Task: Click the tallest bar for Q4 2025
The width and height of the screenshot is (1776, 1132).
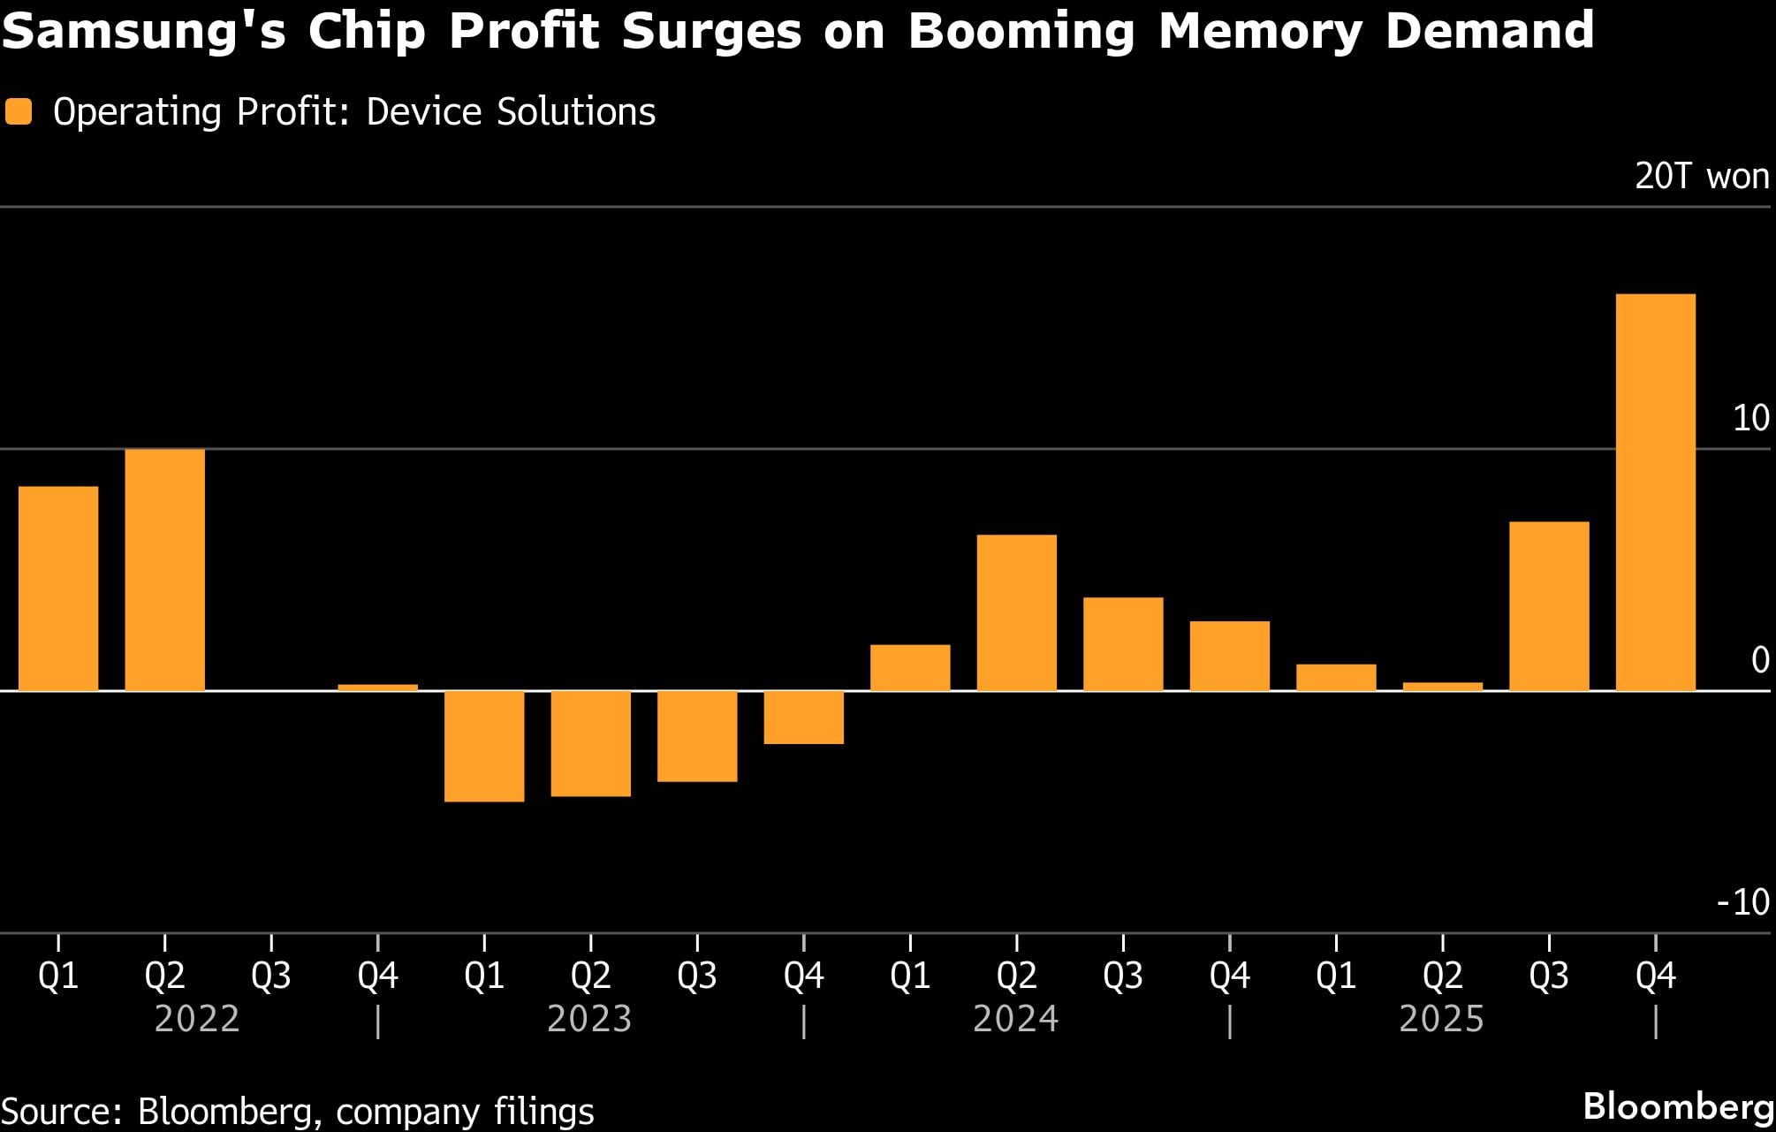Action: tap(1655, 491)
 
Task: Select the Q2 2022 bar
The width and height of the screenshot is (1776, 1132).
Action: tap(164, 569)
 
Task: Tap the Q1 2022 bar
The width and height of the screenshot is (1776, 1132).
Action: tap(58, 588)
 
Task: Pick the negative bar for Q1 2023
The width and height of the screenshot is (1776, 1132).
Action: tap(484, 746)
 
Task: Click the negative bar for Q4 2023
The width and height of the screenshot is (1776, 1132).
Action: tap(803, 717)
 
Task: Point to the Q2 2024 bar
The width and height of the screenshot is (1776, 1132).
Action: tap(1016, 612)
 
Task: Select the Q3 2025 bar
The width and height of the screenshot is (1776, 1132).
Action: tap(1549, 605)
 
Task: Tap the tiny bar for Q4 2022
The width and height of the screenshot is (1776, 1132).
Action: tap(377, 687)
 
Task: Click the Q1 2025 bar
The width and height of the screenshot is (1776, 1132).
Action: tap(1336, 677)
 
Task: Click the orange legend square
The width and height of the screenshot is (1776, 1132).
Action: tap(19, 112)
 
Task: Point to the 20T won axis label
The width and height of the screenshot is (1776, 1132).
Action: tap(1701, 176)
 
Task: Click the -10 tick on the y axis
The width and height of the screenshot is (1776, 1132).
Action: tap(1742, 902)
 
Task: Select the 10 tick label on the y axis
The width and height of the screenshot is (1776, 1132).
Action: tap(1750, 418)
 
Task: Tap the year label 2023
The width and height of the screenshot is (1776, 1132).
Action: tap(589, 1019)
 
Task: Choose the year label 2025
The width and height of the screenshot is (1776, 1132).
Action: tap(1441, 1019)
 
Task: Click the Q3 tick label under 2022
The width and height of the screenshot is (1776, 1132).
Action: tap(270, 976)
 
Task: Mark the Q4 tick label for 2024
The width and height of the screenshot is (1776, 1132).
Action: tap(1229, 976)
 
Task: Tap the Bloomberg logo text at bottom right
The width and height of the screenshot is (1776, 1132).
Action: tap(1677, 1106)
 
